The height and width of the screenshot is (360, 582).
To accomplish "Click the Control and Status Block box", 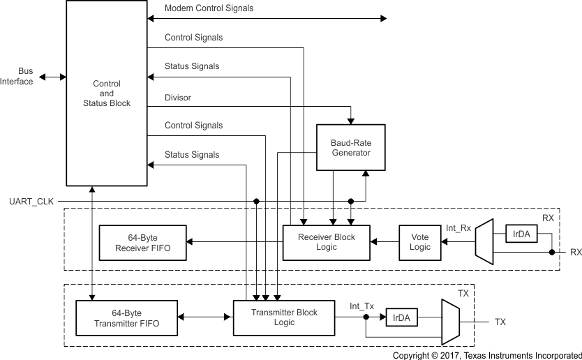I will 106,93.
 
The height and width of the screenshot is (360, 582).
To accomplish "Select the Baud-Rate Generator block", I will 350,147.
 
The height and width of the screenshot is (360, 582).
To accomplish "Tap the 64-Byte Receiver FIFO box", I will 143,242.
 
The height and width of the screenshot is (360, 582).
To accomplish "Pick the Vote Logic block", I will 420,242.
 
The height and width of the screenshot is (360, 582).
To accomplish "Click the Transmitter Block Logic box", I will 283,318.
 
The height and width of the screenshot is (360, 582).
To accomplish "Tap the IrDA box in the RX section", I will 521,234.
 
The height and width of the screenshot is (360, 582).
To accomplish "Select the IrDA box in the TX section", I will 401,317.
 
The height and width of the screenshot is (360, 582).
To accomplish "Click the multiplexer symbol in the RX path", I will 484,242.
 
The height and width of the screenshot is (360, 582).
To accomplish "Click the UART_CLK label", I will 30,202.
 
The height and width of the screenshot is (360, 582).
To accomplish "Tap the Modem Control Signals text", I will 209,8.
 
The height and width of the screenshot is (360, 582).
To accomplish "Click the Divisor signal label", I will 177,98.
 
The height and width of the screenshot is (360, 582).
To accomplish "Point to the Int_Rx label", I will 458,227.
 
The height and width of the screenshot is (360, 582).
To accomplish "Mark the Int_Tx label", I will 361,305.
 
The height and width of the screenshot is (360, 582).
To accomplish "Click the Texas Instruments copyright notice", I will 486,355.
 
